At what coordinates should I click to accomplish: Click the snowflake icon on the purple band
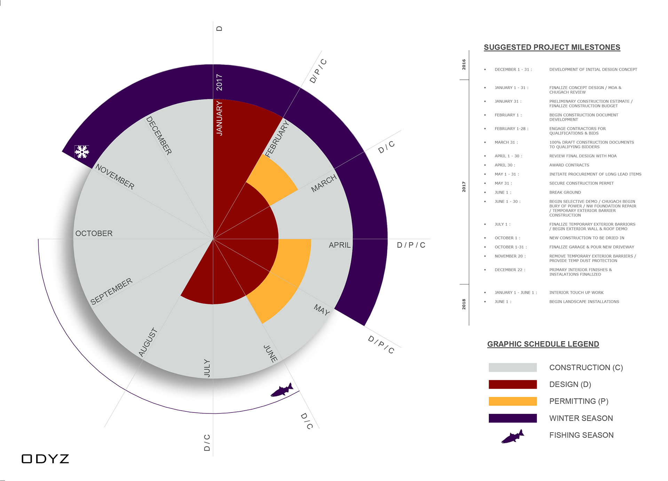82,152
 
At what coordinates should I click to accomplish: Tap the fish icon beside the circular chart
282,390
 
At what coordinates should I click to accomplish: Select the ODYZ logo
45,459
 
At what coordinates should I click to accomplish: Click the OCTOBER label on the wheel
94,234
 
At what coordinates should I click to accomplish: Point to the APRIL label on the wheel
340,245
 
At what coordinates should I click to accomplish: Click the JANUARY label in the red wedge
219,118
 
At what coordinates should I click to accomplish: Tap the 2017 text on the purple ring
219,82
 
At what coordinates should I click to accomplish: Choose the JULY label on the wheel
207,368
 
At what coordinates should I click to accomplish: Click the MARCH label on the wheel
324,183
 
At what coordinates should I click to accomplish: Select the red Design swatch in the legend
512,384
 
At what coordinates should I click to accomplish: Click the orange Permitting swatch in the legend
512,401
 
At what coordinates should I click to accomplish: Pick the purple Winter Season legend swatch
512,418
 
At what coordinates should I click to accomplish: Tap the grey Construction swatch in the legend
512,368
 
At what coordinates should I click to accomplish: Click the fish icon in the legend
513,436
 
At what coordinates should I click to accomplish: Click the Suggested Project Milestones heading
552,47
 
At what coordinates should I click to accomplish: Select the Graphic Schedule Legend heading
543,344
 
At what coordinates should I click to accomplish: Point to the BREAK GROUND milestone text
565,192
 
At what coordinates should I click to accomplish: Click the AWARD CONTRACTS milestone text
569,165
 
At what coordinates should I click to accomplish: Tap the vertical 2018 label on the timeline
464,304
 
